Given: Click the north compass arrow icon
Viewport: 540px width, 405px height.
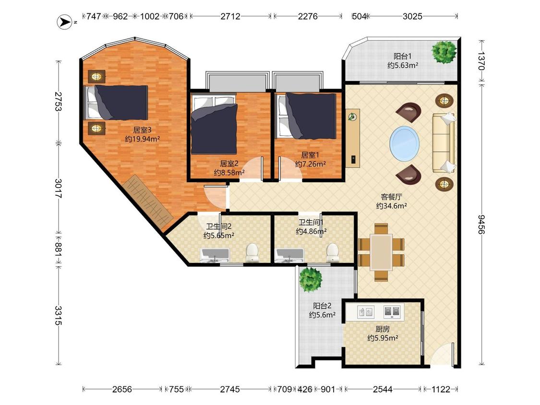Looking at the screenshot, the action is [x=64, y=22].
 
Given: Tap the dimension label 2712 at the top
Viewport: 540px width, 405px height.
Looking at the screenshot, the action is [x=230, y=16].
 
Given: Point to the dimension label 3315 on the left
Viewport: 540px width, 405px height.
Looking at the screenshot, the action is [x=58, y=315].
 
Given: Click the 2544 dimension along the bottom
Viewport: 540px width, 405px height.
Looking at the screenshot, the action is [x=383, y=389].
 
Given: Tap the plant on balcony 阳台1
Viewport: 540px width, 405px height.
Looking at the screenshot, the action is [x=444, y=52].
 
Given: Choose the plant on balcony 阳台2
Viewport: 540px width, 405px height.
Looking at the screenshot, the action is [x=311, y=279].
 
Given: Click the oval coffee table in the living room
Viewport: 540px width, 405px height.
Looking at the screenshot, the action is [x=405, y=143].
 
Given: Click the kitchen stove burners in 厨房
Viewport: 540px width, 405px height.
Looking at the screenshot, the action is [x=392, y=312].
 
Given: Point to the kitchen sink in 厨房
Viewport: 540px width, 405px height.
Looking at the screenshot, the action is [x=366, y=312].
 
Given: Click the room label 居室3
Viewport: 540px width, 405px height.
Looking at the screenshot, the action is [x=142, y=130].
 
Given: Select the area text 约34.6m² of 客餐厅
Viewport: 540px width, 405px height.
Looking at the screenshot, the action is [x=391, y=206].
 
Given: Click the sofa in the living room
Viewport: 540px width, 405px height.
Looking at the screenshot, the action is [x=444, y=143].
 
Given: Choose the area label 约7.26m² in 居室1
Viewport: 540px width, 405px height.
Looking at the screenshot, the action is [x=310, y=164].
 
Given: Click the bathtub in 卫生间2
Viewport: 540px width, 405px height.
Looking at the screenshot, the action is [x=215, y=255].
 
